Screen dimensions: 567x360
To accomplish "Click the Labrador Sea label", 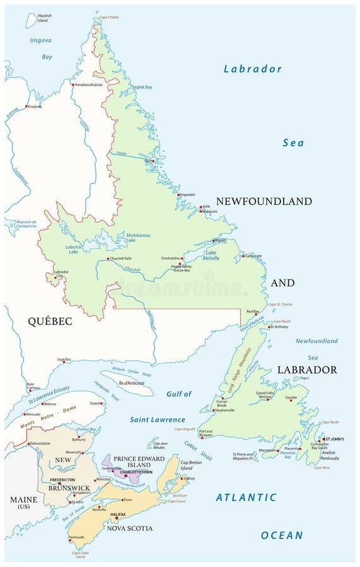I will [252, 69].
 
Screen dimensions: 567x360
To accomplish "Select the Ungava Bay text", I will [41, 48].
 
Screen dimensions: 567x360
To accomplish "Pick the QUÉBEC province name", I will [50, 321].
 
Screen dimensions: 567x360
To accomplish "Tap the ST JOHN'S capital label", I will [334, 438].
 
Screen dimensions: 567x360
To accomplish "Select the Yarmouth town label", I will [77, 537].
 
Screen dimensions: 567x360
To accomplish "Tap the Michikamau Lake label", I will [139, 236].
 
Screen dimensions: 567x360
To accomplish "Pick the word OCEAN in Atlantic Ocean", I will [282, 535].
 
